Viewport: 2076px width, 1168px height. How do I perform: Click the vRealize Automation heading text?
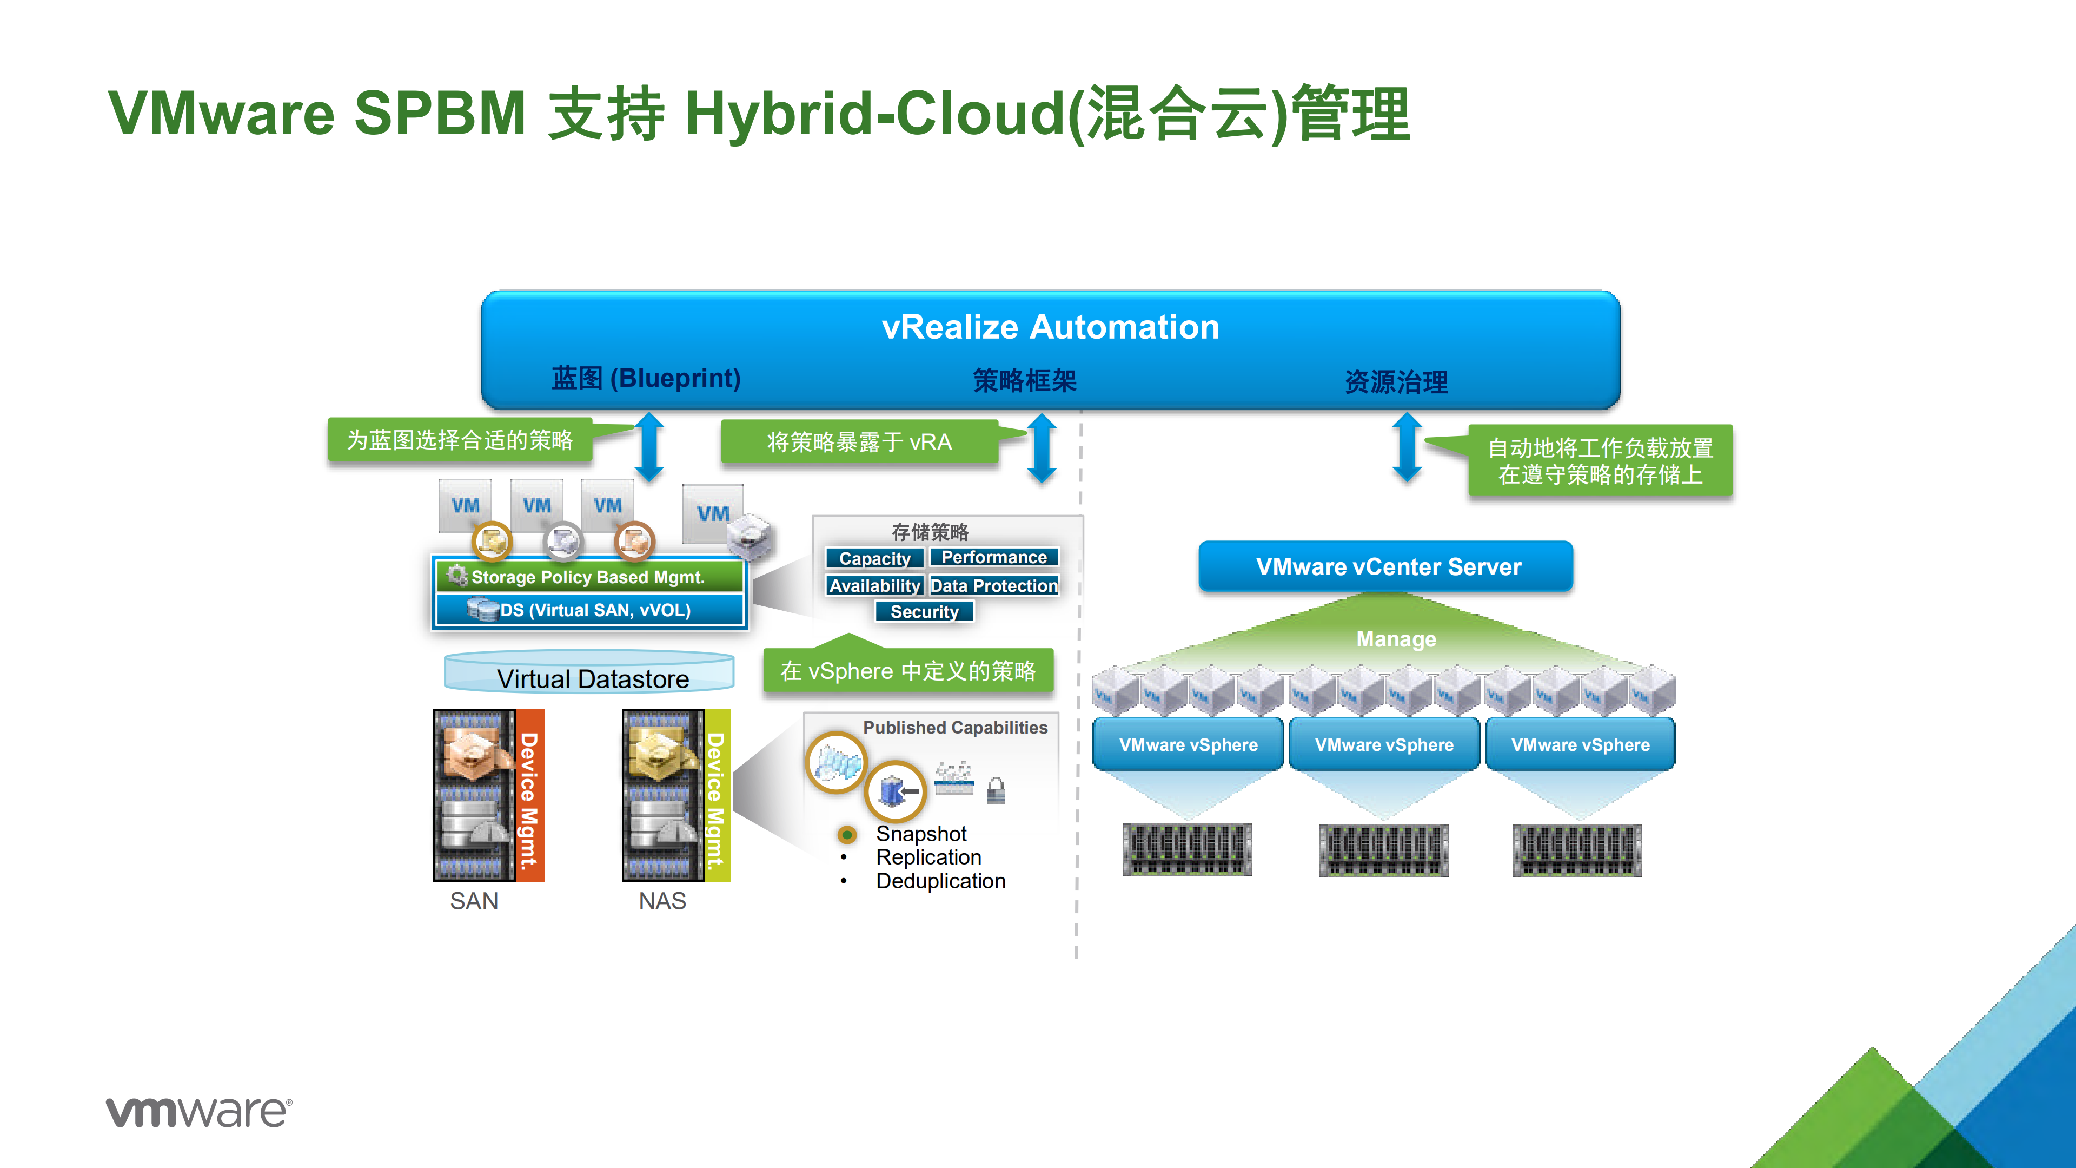tap(1050, 327)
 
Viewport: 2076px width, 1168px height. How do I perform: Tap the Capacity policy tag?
tap(874, 559)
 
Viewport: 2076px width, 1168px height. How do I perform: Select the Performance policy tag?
tap(994, 557)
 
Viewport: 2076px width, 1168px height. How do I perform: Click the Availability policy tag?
tap(874, 586)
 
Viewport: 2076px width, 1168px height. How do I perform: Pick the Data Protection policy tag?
tap(994, 586)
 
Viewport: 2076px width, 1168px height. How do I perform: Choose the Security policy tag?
tap(924, 612)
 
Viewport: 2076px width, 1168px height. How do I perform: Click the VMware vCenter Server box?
tap(1387, 566)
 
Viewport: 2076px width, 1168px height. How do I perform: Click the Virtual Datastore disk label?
tap(592, 679)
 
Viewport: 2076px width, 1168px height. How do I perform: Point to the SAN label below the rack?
tap(474, 901)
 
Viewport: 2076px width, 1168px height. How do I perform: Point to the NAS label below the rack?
tap(662, 901)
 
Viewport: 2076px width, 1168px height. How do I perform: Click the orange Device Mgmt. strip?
tap(529, 796)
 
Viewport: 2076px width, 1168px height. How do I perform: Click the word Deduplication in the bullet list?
tap(940, 881)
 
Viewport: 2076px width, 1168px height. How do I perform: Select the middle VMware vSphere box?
tap(1384, 745)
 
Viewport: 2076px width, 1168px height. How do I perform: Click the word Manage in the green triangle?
tap(1396, 639)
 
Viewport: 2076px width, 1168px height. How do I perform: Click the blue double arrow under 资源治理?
tap(1407, 447)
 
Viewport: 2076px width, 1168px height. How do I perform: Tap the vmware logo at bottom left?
tap(199, 1112)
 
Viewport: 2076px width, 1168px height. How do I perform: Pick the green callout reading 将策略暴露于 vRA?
tap(859, 442)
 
